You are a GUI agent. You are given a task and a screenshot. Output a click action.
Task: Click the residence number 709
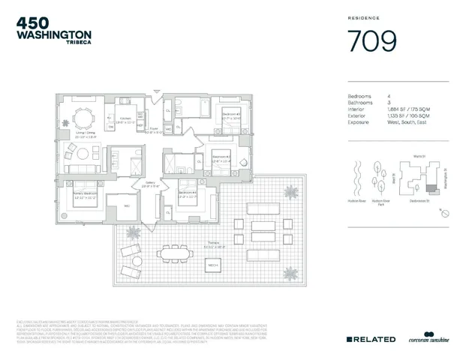coord(371,42)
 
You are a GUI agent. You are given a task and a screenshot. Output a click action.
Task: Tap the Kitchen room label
coord(126,121)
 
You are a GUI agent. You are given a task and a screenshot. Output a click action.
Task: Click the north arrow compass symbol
coord(446,214)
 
